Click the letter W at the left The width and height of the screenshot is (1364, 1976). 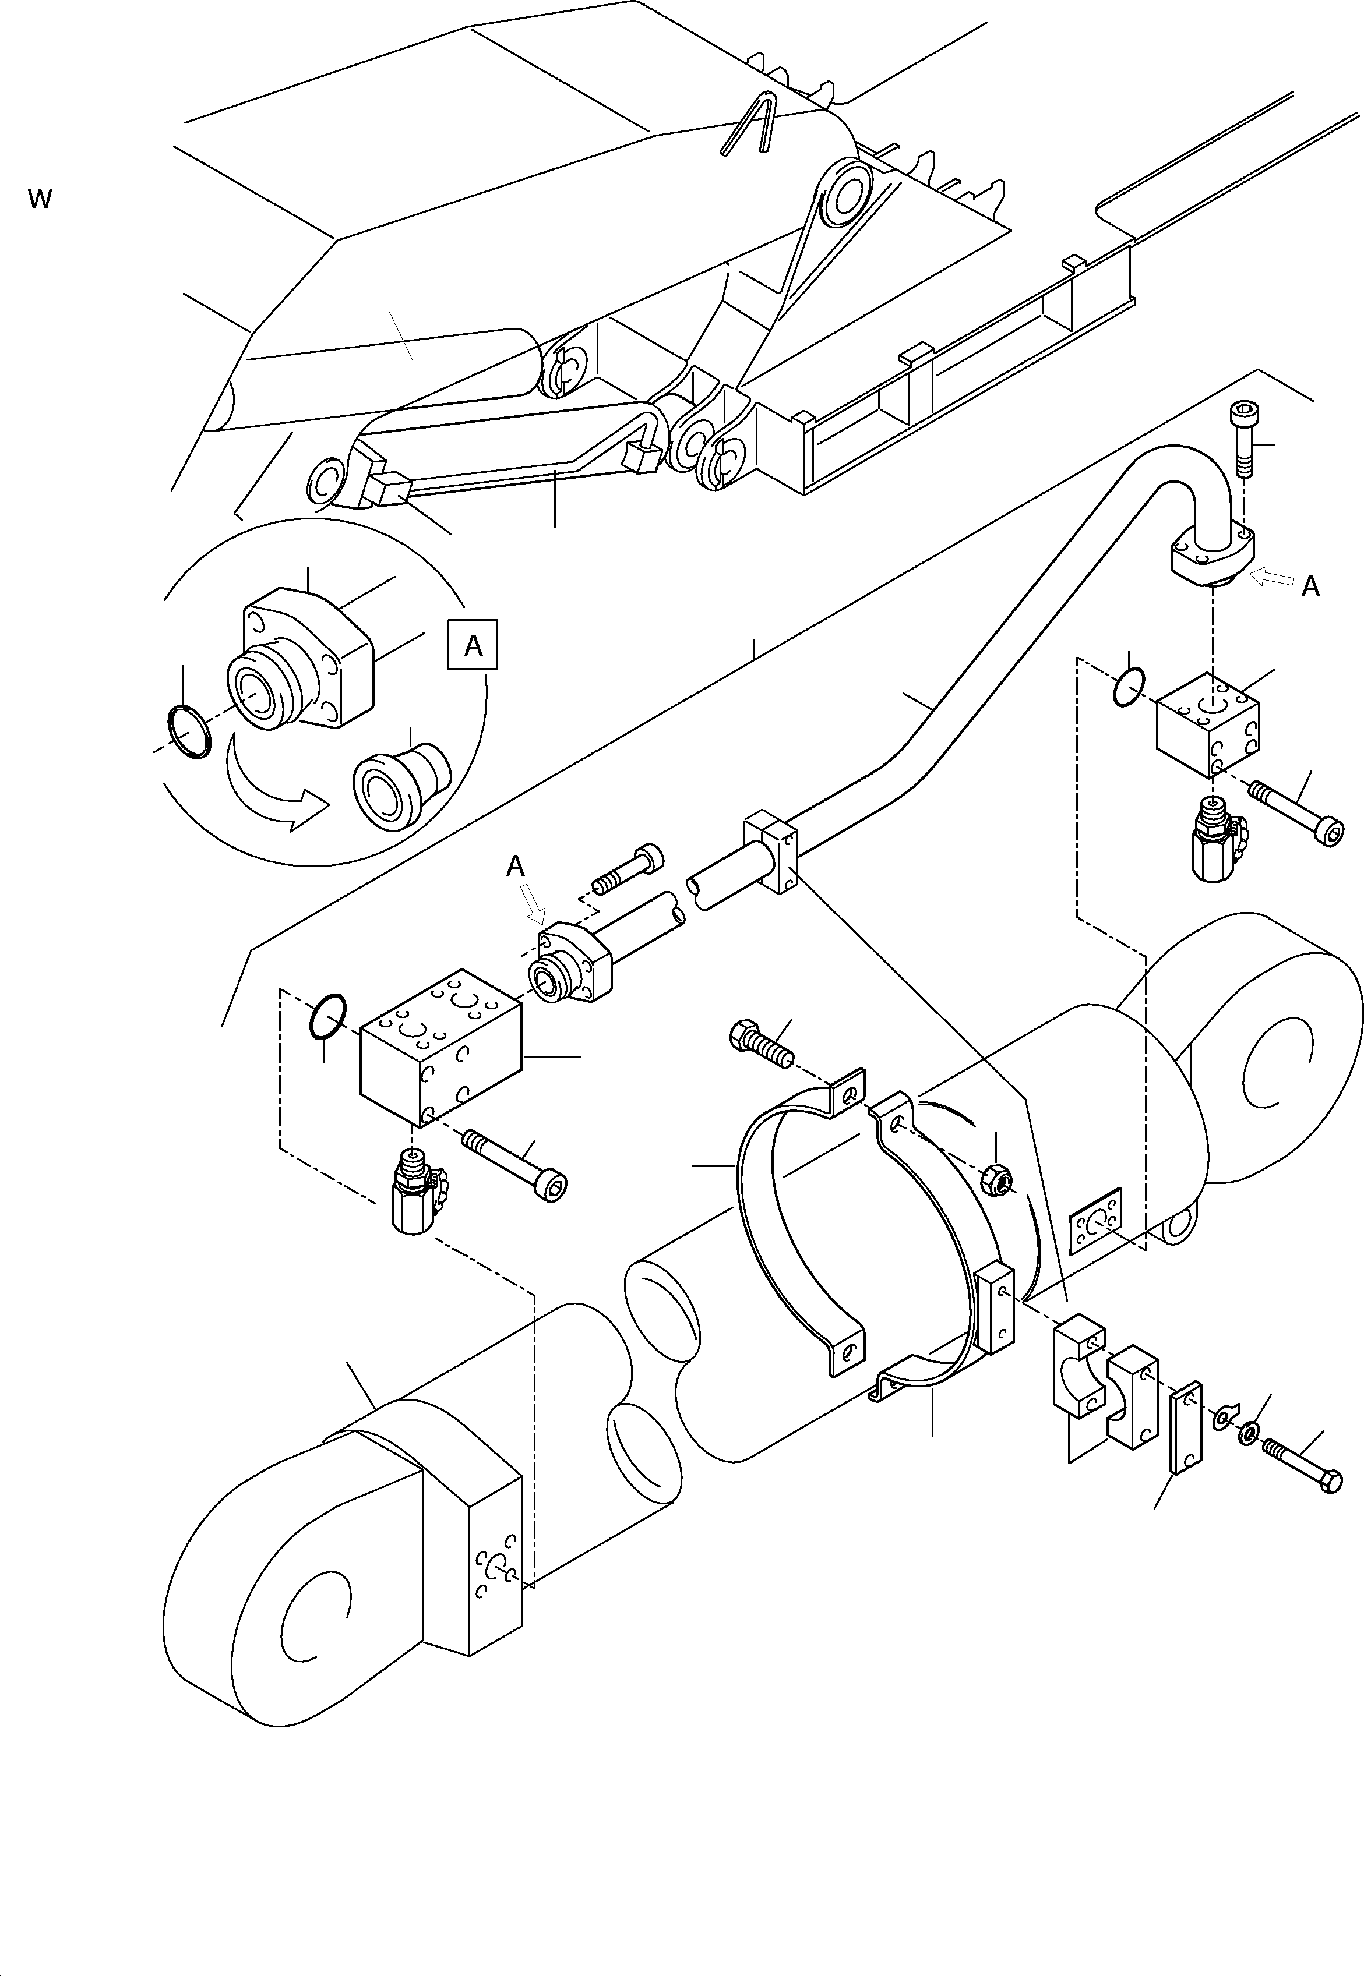click(39, 200)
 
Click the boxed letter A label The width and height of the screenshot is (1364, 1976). click(473, 646)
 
